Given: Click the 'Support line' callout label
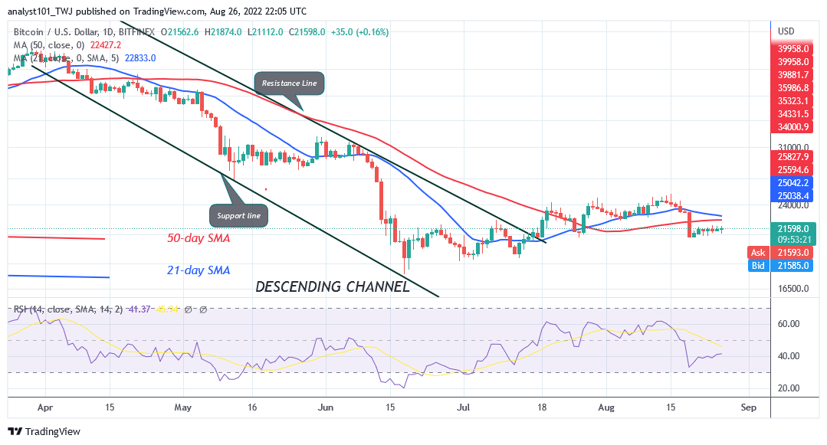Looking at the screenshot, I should tap(240, 216).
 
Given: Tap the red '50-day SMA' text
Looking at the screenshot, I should tap(199, 238).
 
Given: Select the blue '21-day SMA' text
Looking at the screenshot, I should tap(199, 270).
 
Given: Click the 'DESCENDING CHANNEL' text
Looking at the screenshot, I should tap(331, 287).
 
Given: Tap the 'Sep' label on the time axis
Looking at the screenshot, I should tap(749, 408).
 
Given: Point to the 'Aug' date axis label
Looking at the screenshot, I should tap(606, 408).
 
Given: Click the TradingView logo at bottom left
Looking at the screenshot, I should tap(44, 432).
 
